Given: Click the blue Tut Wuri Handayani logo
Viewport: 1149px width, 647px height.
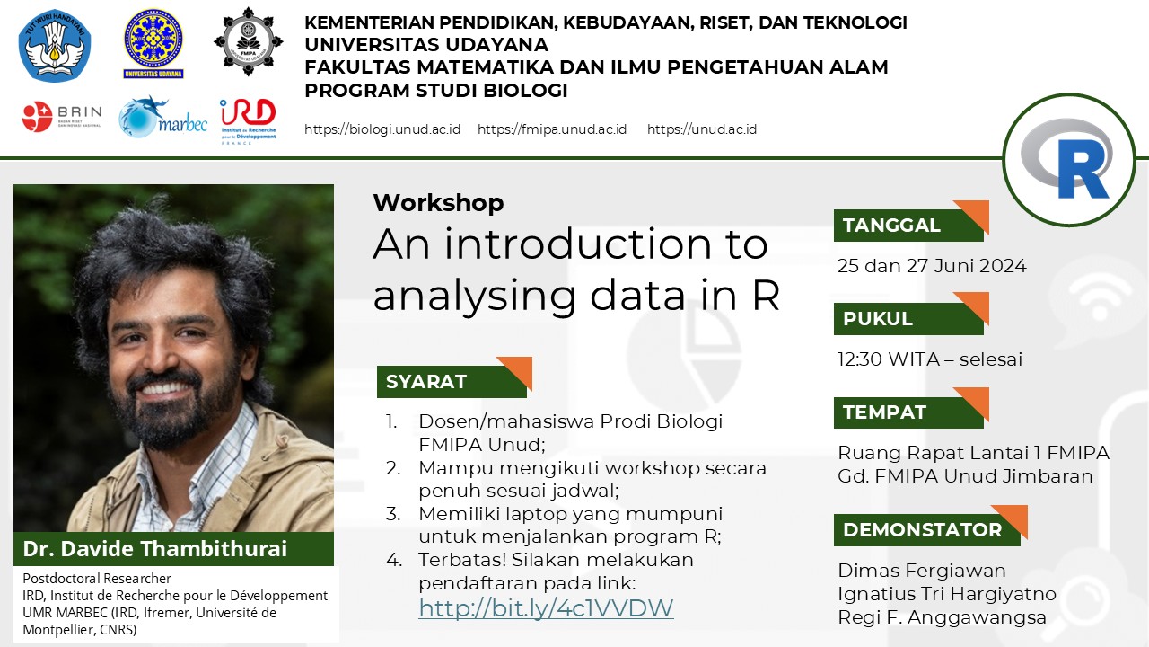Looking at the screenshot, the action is [x=55, y=45].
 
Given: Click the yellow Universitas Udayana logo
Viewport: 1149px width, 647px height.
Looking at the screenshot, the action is [x=153, y=44].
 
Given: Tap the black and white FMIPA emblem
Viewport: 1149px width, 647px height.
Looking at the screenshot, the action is [x=249, y=41].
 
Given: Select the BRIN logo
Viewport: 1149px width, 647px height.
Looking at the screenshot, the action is [x=62, y=117].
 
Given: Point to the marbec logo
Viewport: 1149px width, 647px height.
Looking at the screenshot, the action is [x=162, y=117].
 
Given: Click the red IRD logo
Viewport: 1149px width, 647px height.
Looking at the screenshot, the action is [x=249, y=121].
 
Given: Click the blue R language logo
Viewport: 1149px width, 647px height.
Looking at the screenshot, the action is [x=1069, y=160].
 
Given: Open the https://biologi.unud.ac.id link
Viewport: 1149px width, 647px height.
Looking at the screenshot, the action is [x=382, y=129].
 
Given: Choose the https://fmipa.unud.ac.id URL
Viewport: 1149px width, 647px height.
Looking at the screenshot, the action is [x=552, y=129].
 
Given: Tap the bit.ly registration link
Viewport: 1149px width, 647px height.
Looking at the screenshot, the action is [x=546, y=608].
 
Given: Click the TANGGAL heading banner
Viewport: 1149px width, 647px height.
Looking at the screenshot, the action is [x=911, y=221].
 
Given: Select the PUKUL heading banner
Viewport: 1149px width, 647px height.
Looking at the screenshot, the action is [x=911, y=315].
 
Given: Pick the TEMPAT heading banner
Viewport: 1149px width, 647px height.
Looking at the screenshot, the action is [x=911, y=408].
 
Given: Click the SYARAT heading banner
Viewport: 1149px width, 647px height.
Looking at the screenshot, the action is [x=454, y=377].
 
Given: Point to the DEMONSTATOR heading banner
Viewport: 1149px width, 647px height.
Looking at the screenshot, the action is [x=931, y=526].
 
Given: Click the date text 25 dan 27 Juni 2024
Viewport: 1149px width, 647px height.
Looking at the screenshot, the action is [x=932, y=266].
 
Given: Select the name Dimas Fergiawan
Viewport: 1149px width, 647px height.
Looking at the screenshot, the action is [x=922, y=571].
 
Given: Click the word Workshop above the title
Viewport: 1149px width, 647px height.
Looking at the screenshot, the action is [x=439, y=203].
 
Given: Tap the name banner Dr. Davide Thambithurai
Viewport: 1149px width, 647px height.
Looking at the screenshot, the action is [x=173, y=549].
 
